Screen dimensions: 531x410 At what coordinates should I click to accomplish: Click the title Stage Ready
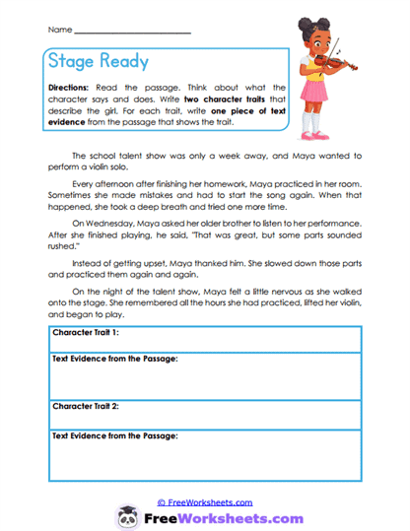(99, 62)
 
